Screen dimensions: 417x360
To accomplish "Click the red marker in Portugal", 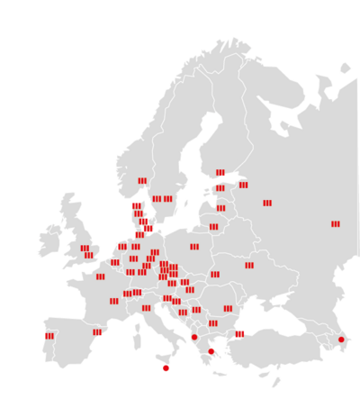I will pos(49,336).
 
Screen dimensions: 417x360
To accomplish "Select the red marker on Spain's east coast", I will pos(97,332).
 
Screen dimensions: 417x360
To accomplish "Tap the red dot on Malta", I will pos(166,367).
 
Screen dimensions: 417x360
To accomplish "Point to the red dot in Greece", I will pos(211,351).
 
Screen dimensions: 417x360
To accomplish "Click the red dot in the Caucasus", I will pos(341,340).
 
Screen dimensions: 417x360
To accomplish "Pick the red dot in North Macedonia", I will pos(194,337).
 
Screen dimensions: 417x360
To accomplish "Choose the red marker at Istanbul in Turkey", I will pos(239,334).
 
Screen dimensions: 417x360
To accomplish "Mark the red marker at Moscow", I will pos(267,204).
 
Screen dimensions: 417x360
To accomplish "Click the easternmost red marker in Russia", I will pos(335,223).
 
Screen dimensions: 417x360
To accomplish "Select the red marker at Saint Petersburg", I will pos(243,185).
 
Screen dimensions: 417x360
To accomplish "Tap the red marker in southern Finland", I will pos(220,173).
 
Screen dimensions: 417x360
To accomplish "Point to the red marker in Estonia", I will pos(220,188).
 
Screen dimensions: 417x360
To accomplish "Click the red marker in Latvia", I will pos(220,208).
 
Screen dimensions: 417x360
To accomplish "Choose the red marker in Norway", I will pos(142,181).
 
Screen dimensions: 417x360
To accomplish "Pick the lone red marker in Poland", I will pos(194,246).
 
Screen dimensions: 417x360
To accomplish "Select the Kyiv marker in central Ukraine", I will pos(249,265).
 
